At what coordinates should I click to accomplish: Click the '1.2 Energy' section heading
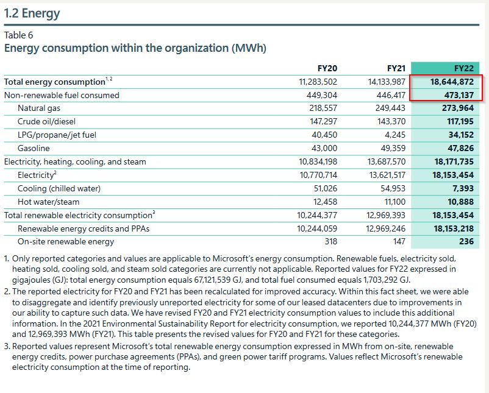click(x=32, y=13)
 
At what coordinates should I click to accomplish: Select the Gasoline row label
click(x=34, y=148)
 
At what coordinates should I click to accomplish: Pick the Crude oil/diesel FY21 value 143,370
click(x=390, y=122)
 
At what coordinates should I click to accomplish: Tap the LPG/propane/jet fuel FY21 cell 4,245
click(x=395, y=135)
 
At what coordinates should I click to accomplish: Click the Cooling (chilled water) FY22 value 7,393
click(x=462, y=188)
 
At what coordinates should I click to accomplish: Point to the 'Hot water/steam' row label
click(x=49, y=202)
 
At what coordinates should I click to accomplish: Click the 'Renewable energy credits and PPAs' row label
click(x=84, y=228)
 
